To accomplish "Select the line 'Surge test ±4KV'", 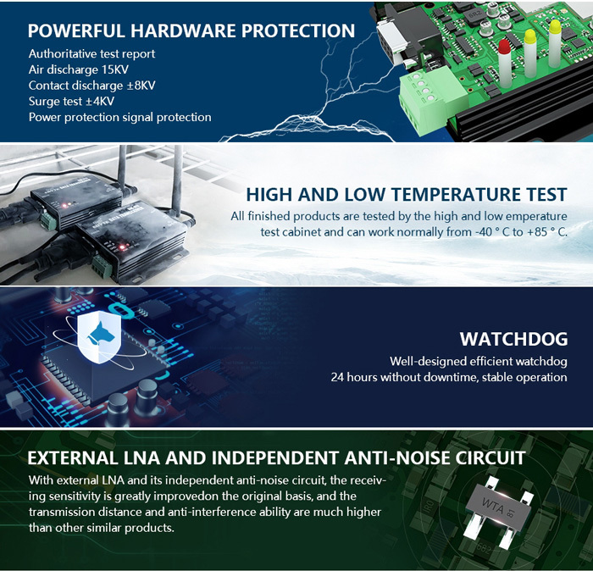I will [x=71, y=101].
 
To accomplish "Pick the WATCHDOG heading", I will [x=513, y=339].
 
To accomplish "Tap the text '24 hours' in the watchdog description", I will [x=355, y=377].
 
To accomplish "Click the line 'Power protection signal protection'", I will [x=119, y=117].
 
